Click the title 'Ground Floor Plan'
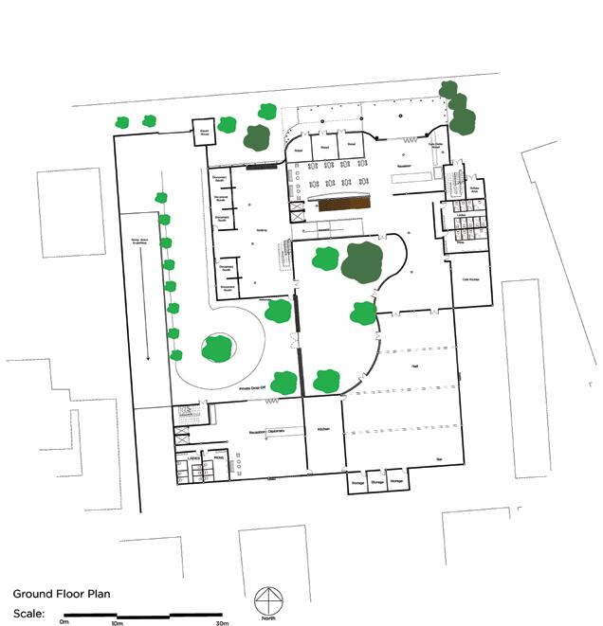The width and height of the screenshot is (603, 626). click(x=62, y=595)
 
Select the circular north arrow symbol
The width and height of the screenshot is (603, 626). click(x=269, y=603)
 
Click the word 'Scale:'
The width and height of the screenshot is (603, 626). click(x=28, y=613)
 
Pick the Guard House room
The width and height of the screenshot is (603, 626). click(x=204, y=133)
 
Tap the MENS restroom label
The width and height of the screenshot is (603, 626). click(x=218, y=457)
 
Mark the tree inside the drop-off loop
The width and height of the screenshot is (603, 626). click(x=217, y=348)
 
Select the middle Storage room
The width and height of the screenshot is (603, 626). click(x=377, y=482)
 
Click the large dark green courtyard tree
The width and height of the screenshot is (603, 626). click(x=363, y=261)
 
